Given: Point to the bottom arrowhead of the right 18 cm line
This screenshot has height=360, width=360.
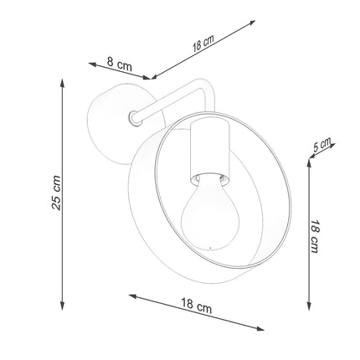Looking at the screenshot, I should click(x=309, y=306).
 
